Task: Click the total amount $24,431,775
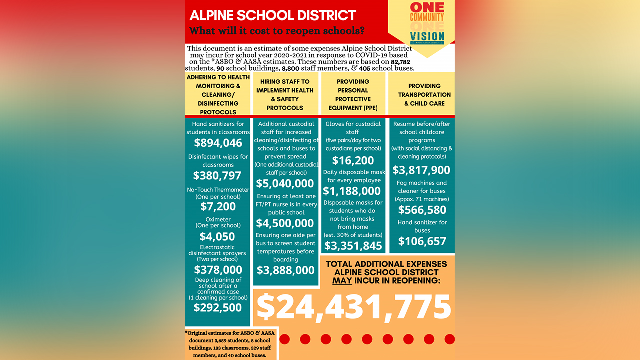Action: [354, 307]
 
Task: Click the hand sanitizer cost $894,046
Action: [218, 143]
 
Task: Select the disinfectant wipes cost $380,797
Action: [217, 176]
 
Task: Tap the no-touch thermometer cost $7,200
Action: [218, 206]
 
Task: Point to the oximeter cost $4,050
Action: [217, 237]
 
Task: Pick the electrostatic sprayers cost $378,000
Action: [218, 270]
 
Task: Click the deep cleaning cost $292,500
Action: [218, 308]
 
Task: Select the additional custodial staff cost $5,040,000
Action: [285, 184]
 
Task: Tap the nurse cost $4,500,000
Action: [285, 223]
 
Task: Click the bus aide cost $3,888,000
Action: [285, 270]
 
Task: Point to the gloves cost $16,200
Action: [353, 161]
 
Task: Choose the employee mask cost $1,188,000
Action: [353, 191]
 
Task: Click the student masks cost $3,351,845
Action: [353, 245]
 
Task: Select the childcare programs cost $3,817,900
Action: [421, 170]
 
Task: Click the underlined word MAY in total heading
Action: [343, 281]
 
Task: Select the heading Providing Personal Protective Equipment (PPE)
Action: [353, 95]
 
